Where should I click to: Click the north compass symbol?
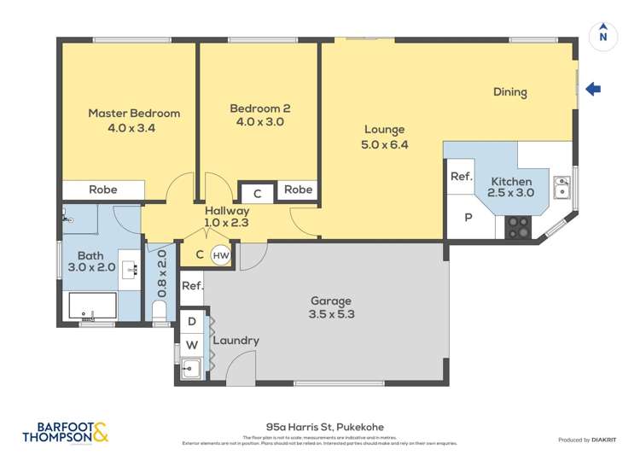click(x=603, y=34)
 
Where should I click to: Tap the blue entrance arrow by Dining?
click(x=594, y=89)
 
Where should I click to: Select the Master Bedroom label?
click(x=134, y=113)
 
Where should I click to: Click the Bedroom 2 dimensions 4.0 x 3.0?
click(x=259, y=122)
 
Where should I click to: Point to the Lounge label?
click(x=384, y=130)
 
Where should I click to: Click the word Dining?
click(x=509, y=92)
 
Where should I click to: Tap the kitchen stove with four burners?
click(x=518, y=227)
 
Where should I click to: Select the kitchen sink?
click(x=561, y=186)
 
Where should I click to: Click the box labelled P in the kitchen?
click(x=468, y=218)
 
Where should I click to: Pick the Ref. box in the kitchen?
click(x=462, y=177)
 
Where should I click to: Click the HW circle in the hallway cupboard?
click(x=220, y=254)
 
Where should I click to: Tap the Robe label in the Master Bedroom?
click(x=103, y=190)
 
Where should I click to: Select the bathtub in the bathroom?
click(x=90, y=306)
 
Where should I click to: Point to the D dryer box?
click(x=192, y=321)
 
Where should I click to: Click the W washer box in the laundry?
click(x=192, y=345)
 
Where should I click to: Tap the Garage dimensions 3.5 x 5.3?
click(x=331, y=314)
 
